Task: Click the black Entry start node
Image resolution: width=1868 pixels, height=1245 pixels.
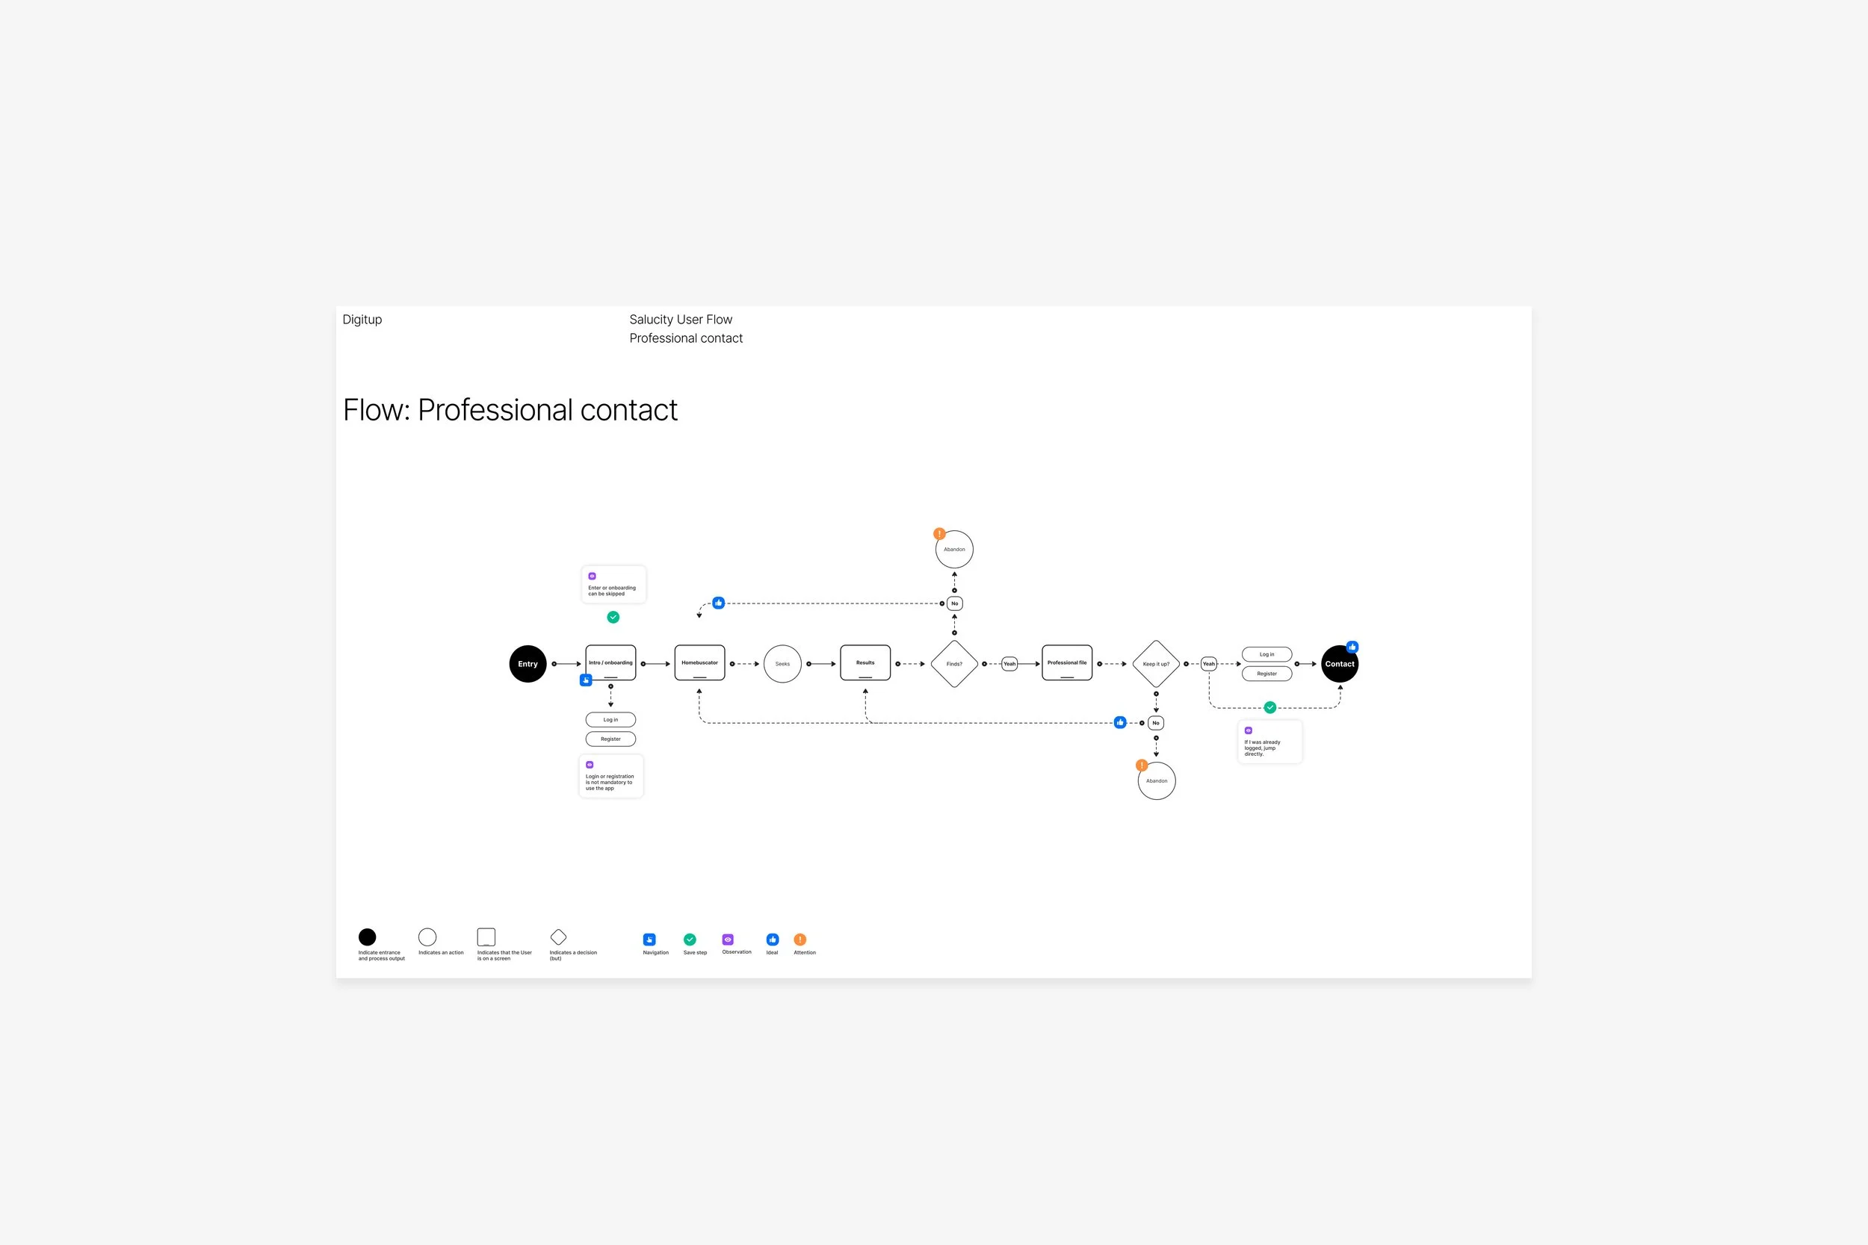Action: (x=528, y=664)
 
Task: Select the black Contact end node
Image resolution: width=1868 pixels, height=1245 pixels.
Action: (x=1339, y=664)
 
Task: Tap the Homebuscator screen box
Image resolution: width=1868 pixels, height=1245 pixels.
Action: (x=699, y=663)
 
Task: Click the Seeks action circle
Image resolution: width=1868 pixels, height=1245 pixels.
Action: (x=782, y=664)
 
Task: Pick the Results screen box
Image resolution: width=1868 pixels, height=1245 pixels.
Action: (x=865, y=663)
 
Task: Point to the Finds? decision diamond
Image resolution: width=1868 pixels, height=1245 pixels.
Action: (x=954, y=664)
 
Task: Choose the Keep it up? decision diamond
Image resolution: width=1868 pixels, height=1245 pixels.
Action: (x=1156, y=664)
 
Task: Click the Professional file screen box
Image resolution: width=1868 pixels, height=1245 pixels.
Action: (x=1067, y=663)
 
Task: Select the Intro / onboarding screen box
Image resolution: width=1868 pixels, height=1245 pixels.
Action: (x=610, y=663)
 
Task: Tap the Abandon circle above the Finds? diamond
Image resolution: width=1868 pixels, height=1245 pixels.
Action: (x=954, y=550)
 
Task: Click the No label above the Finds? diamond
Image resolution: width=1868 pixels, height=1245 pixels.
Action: (x=955, y=603)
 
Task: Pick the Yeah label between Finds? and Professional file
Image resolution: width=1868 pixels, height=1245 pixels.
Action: (x=1009, y=664)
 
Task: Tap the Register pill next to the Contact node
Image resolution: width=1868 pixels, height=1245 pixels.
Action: (x=1266, y=674)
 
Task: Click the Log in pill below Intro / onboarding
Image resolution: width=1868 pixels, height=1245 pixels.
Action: (x=610, y=720)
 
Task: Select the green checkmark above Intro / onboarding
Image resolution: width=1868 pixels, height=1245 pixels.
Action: (x=613, y=617)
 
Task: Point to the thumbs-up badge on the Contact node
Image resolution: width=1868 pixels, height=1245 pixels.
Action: (x=1352, y=647)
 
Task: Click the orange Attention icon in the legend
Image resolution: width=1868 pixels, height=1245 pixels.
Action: (x=800, y=940)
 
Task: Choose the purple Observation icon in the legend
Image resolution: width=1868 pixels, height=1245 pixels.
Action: (x=728, y=940)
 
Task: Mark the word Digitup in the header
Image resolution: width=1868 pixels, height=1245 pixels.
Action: (x=362, y=319)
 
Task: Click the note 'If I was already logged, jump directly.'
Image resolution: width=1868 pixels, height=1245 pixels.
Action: (x=1269, y=742)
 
